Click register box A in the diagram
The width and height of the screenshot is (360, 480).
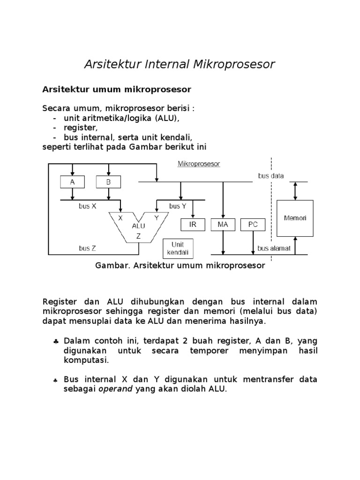point(72,182)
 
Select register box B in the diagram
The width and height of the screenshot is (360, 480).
point(108,182)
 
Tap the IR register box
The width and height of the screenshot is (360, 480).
point(193,225)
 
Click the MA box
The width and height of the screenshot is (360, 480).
point(223,225)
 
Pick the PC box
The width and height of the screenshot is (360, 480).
point(253,225)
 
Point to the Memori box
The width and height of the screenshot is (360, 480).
point(294,218)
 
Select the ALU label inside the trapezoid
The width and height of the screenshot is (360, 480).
point(138,226)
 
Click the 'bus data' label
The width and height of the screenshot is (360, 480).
point(271,176)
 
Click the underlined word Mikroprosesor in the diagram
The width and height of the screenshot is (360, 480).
point(199,164)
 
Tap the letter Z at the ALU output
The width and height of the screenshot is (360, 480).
point(138,237)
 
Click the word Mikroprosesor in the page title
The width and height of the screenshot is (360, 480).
point(234,64)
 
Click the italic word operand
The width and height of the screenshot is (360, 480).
point(115,389)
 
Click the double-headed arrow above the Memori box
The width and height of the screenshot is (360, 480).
point(294,191)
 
